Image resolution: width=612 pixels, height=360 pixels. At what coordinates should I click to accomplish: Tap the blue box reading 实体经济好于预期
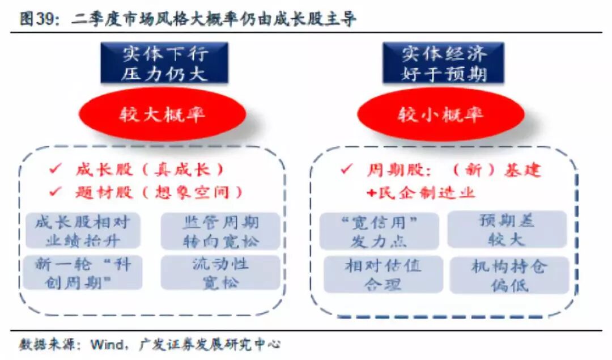pyautogui.click(x=444, y=63)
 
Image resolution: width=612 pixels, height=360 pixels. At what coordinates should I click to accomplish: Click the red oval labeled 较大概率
pyautogui.click(x=162, y=115)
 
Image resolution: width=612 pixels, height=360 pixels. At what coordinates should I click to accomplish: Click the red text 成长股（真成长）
pyautogui.click(x=150, y=169)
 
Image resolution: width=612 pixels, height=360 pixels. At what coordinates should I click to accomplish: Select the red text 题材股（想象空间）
pyautogui.click(x=159, y=192)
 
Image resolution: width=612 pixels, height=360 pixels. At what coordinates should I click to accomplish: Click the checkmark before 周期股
pyautogui.click(x=347, y=169)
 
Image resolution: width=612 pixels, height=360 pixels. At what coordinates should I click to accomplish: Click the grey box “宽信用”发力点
pyautogui.click(x=379, y=231)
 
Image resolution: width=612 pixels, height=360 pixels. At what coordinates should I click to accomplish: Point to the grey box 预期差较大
pyautogui.click(x=507, y=230)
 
